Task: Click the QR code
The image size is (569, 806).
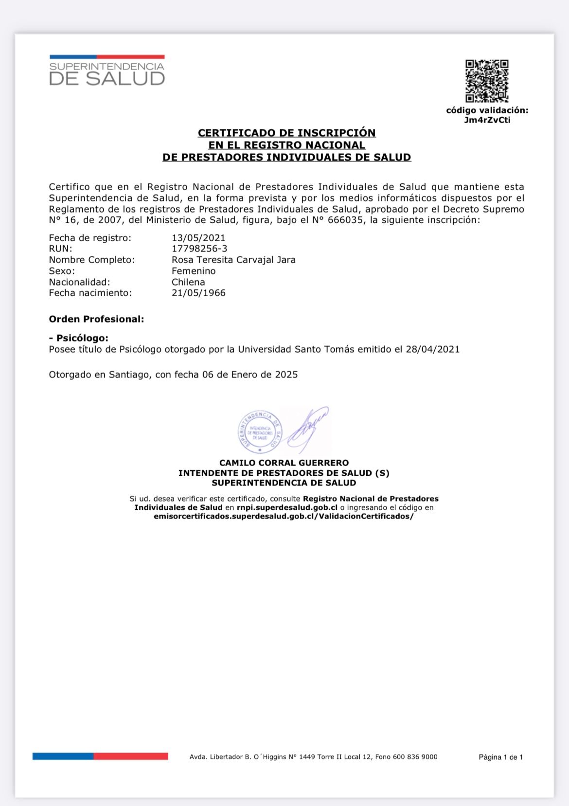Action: [x=487, y=81]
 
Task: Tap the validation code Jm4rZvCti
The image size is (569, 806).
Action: [x=487, y=120]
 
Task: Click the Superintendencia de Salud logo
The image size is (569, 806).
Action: [x=107, y=71]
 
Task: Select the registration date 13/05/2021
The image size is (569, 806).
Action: [x=198, y=238]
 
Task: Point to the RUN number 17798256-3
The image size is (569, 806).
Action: [x=199, y=249]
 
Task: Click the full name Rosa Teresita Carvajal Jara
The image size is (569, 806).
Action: [x=233, y=260]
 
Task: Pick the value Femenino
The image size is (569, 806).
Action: [x=194, y=271]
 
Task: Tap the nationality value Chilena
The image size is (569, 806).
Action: [x=188, y=282]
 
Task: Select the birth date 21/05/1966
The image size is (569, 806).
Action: [x=198, y=293]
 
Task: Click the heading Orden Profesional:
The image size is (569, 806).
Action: [x=96, y=319]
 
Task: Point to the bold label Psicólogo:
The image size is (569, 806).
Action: [x=81, y=338]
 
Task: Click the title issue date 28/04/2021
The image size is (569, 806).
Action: [x=432, y=349]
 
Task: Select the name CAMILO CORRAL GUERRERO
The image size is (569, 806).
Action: [x=284, y=463]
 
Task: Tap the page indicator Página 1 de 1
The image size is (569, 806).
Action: [x=500, y=757]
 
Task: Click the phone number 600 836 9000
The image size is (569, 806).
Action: [x=415, y=757]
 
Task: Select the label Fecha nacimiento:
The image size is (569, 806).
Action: [x=90, y=293]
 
